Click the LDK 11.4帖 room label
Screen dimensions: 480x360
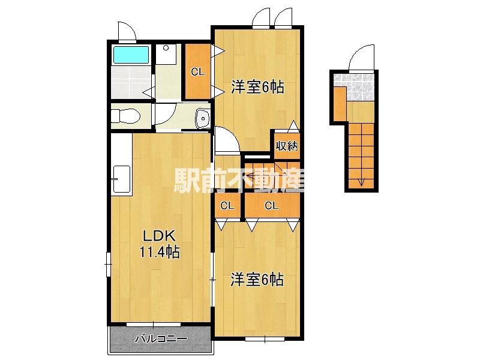tap(159, 244)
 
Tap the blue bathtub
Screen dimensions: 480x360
tap(131, 55)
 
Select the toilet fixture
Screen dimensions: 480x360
tap(125, 116)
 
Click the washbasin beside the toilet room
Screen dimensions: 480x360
tap(202, 118)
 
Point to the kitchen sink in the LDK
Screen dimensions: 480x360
tap(122, 179)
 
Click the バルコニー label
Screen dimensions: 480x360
tap(161, 338)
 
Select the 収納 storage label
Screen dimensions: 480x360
tap(287, 146)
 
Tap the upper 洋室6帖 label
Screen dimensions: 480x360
tap(257, 87)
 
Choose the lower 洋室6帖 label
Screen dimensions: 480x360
tap(257, 280)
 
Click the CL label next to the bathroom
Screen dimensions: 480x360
tap(197, 72)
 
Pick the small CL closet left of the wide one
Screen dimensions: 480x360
tap(227, 205)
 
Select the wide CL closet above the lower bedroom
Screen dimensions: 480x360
tap(272, 205)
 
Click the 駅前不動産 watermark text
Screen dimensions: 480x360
tap(239, 180)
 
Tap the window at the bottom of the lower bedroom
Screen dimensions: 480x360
tap(265, 339)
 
